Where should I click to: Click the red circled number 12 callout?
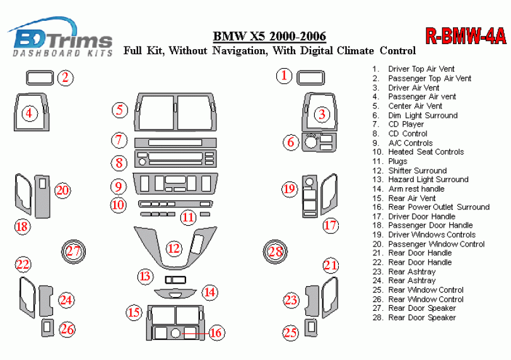coord(173,248)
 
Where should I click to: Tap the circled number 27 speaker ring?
coord(74,251)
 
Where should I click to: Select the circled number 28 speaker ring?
coord(276,252)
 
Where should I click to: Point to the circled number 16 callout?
coord(216,332)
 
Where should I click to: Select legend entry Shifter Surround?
coord(417,170)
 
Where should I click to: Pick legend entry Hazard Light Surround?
coord(428,179)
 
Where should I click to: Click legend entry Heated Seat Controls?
coord(426,152)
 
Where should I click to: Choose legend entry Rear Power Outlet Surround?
coord(438,207)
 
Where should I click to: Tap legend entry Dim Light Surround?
coord(423,115)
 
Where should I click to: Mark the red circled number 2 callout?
coord(66,78)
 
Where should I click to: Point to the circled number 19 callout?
coord(289,189)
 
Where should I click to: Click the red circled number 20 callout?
coord(62,190)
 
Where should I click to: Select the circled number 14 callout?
coord(210,292)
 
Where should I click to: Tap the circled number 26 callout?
coord(67,328)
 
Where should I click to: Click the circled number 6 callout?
coord(290,142)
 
